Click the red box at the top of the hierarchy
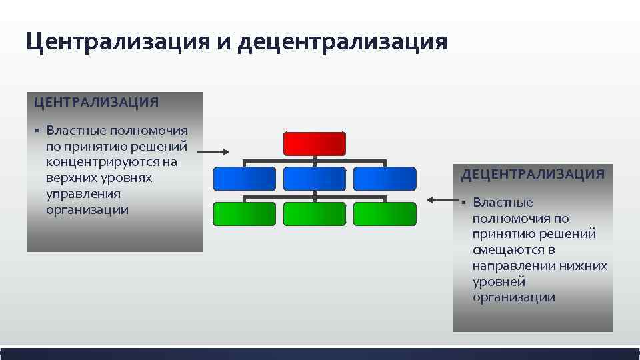click(x=315, y=143)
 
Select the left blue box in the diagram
click(x=244, y=179)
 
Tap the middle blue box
click(x=315, y=179)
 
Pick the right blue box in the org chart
click(x=385, y=179)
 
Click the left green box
click(x=244, y=213)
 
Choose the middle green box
click(x=315, y=213)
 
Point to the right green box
click(x=385, y=213)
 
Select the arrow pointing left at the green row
click(x=439, y=199)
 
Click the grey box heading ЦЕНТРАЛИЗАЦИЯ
click(x=97, y=102)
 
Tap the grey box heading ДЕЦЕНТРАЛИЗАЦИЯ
click(x=533, y=175)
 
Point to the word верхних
click(x=70, y=178)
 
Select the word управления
click(x=74, y=194)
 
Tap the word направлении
click(x=513, y=266)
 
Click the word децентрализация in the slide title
click(x=342, y=41)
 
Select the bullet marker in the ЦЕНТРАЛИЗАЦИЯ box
click(x=38, y=131)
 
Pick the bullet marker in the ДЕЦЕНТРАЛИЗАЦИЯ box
click(x=464, y=203)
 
